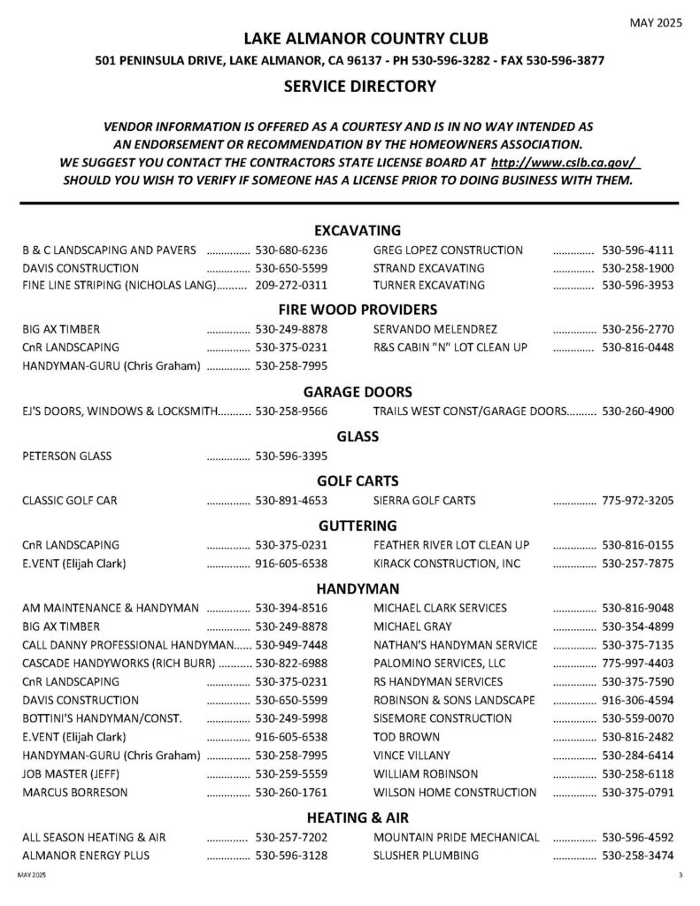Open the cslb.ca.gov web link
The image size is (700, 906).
coord(565,164)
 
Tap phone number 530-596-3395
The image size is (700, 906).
coord(291,457)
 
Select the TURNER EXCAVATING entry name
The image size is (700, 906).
coord(429,285)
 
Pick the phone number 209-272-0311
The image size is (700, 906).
coord(291,285)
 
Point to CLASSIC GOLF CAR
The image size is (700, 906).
coord(70,501)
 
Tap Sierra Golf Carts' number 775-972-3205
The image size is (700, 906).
coord(637,501)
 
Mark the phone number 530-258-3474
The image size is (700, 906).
coord(637,856)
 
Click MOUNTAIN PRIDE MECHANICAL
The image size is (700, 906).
coord(456,837)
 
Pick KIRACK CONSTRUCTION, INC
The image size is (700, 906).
coord(447,564)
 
